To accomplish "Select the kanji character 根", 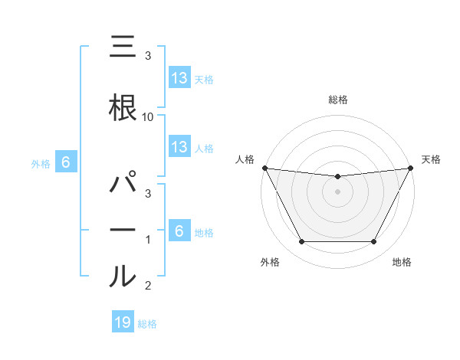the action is (123, 106).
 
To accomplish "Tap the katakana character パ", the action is (123, 184).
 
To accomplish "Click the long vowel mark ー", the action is (123, 231).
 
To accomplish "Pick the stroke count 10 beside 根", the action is (148, 117).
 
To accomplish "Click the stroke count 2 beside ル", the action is (148, 286).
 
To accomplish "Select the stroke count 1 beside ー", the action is (148, 240).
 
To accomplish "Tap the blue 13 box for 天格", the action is (179, 78).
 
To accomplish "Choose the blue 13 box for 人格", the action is (179, 147).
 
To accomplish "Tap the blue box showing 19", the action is (122, 322).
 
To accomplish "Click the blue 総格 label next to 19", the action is (147, 324).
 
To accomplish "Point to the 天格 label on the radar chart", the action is (431, 159).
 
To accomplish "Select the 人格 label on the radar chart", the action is (245, 159).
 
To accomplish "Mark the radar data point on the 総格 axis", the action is (337, 177).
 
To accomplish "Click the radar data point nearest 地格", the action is (374, 242).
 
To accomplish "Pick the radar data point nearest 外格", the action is (301, 242).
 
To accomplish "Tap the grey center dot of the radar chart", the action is (337, 191).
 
